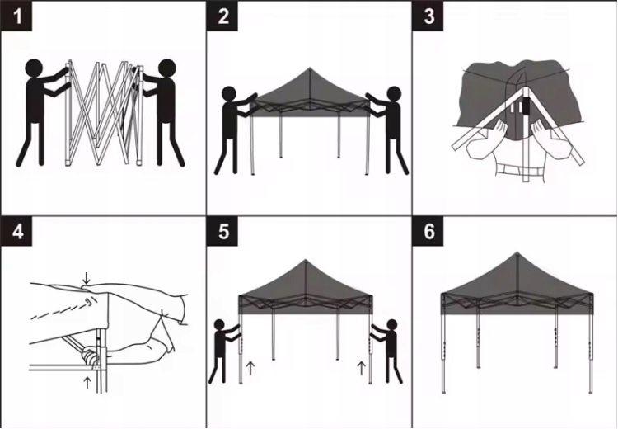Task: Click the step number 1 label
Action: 16,16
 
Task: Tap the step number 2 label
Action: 222,16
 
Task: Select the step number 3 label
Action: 428,16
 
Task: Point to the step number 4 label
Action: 16,231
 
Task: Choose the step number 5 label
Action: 222,231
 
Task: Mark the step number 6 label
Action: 428,231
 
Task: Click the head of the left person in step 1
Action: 34,68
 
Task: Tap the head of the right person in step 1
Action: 166,68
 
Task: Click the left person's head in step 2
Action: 228,94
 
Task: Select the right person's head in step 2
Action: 394,94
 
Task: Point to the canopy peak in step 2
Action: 310,68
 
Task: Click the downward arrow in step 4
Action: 87,277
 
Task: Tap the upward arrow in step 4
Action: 87,383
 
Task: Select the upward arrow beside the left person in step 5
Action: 250,368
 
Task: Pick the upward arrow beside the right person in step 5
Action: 361,368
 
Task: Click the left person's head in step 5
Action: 219,324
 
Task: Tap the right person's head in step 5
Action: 391,324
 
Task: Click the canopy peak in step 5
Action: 306,261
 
